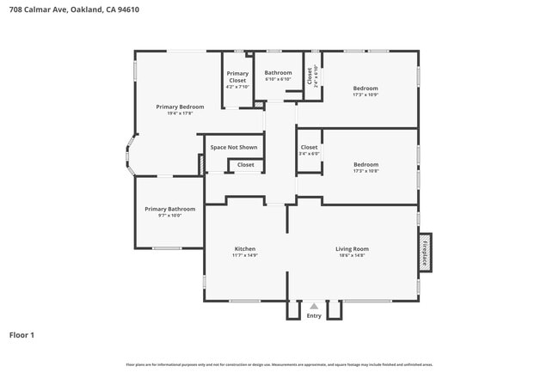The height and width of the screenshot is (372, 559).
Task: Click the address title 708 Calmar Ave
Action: click(x=74, y=10)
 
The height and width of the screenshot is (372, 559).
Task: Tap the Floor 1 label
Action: click(x=22, y=334)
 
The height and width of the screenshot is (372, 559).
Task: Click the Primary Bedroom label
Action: click(x=174, y=107)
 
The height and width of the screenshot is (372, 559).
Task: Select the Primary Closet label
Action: click(x=236, y=77)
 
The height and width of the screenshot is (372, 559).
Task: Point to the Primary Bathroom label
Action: click(x=169, y=209)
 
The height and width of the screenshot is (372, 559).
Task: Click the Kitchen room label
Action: click(x=245, y=249)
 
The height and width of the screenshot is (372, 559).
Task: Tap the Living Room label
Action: click(x=351, y=249)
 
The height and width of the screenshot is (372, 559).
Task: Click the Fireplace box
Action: click(x=425, y=252)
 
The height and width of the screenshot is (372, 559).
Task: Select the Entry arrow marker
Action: click(x=314, y=306)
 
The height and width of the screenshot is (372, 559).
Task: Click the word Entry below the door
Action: click(x=314, y=316)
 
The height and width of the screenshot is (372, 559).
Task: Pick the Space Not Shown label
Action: click(x=234, y=147)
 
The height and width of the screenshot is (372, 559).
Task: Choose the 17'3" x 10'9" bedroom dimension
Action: click(x=365, y=95)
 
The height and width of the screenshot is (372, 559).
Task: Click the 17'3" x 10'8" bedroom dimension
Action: click(x=365, y=171)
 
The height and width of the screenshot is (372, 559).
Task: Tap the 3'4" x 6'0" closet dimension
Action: click(x=309, y=154)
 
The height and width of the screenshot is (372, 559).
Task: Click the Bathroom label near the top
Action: click(x=278, y=73)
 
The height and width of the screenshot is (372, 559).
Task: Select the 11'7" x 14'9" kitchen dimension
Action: click(x=245, y=256)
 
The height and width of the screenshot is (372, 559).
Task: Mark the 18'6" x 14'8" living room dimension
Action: click(x=351, y=256)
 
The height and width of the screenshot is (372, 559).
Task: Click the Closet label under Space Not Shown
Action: click(x=246, y=164)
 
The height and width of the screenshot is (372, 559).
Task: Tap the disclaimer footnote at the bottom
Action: click(x=279, y=364)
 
